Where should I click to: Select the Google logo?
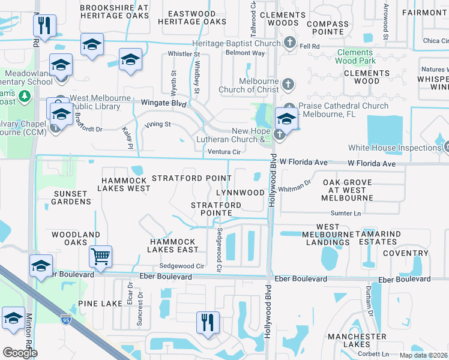20,352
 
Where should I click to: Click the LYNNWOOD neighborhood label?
240,193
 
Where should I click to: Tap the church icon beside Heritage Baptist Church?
289,43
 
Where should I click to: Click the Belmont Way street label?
245,53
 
